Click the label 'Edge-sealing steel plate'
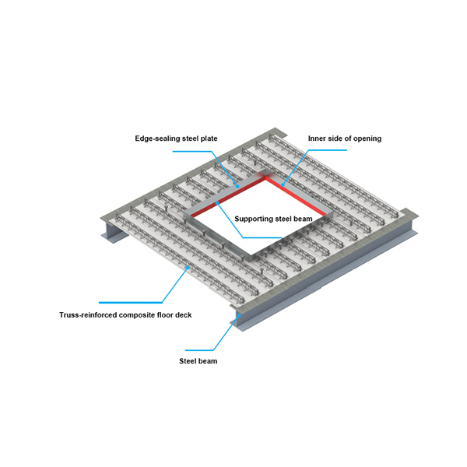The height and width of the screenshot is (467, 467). click(176, 139)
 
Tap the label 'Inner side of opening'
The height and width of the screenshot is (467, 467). click(345, 139)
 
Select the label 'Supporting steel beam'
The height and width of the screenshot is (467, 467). click(273, 219)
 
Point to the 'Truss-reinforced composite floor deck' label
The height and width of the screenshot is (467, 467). click(125, 314)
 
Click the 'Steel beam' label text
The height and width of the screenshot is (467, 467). click(198, 361)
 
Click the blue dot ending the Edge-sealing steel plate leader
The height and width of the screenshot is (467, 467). click(237, 186)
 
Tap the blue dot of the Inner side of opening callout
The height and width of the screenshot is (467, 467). click(283, 185)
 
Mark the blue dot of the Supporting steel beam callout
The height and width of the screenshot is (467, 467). click(217, 203)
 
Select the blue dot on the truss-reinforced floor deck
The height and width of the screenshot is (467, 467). click(188, 268)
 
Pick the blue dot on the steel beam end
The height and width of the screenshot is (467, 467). click(239, 314)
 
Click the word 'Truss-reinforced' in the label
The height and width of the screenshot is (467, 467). click(88, 314)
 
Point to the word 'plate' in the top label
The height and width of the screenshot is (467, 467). click(209, 139)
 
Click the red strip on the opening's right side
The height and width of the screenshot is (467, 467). click(296, 196)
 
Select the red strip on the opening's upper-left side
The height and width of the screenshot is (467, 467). click(228, 197)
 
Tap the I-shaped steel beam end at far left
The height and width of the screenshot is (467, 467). click(114, 230)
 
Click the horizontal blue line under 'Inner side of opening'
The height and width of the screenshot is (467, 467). click(328, 150)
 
